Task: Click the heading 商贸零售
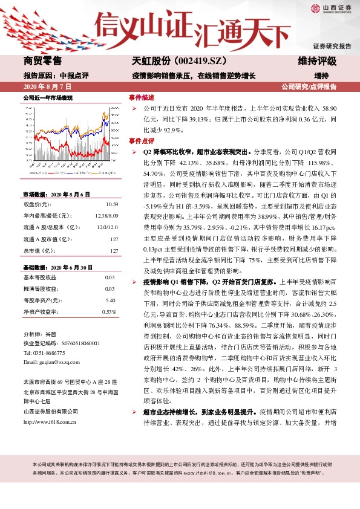pyautogui.click(x=42, y=61)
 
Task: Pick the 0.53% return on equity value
pyautogui.click(x=109, y=312)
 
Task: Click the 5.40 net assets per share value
pyautogui.click(x=111, y=300)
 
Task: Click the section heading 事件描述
pyautogui.click(x=142, y=97)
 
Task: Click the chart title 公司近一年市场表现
pyautogui.click(x=47, y=97)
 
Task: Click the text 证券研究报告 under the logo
pyautogui.click(x=332, y=46)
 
